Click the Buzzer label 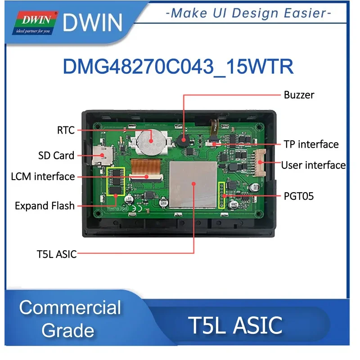click(x=299, y=95)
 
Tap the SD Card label click(x=56, y=156)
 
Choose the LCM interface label click(x=43, y=176)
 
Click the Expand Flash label click(x=45, y=206)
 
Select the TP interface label click(x=311, y=144)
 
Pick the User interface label click(x=313, y=165)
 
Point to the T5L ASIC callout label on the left click(x=56, y=254)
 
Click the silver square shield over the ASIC click(x=193, y=183)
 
